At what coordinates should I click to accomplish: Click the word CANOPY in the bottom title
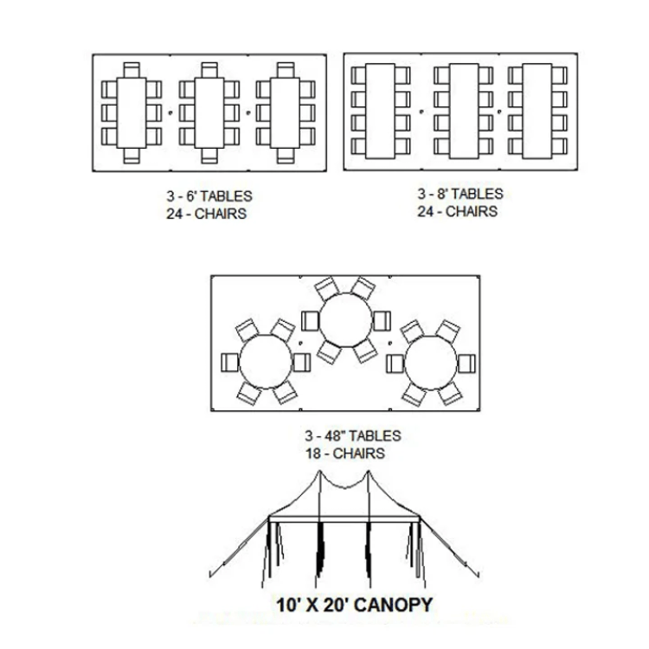[x=393, y=605]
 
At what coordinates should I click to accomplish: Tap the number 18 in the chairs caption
[x=313, y=453]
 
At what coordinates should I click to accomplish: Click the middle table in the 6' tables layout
[x=209, y=112]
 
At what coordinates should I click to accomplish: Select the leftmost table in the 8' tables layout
[x=380, y=111]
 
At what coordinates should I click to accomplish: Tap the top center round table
[x=345, y=320]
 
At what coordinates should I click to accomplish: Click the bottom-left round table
[x=266, y=362]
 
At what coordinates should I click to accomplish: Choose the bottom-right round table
[x=430, y=363]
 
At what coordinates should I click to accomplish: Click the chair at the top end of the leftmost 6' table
[x=132, y=70]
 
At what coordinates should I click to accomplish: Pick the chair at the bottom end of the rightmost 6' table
[x=286, y=156]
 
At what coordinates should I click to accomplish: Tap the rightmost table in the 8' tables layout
[x=537, y=111]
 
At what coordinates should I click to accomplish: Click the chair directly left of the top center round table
[x=311, y=321]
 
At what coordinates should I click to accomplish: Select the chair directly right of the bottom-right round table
[x=466, y=363]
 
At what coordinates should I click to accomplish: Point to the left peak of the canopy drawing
[x=319, y=471]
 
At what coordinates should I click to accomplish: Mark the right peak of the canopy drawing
[x=369, y=471]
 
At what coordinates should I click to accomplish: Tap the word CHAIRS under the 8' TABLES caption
[x=472, y=211]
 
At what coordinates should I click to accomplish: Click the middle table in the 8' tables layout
[x=464, y=111]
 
